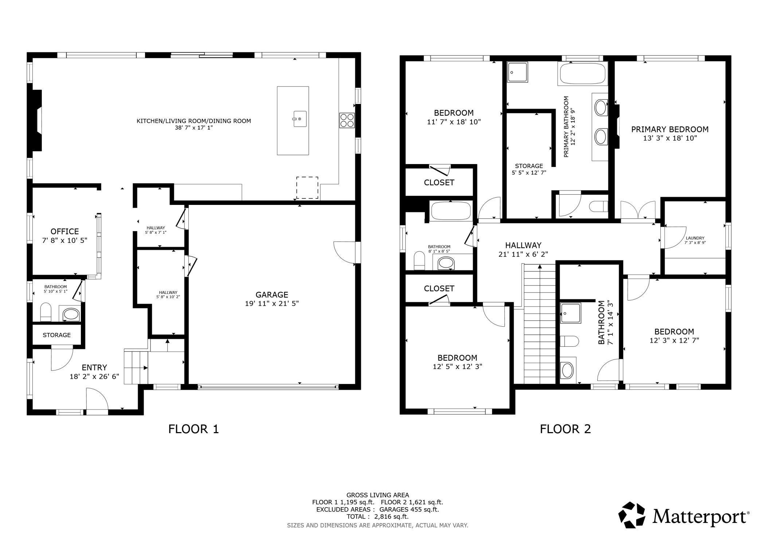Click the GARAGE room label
click(272, 295)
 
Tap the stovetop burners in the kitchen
click(347, 120)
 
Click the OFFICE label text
click(65, 232)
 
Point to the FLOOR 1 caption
click(194, 429)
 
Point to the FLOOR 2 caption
click(565, 429)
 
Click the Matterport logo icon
click(632, 515)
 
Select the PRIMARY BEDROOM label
click(670, 129)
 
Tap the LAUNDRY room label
click(695, 238)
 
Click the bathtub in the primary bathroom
click(582, 74)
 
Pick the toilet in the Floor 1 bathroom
click(46, 312)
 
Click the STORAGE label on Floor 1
click(57, 335)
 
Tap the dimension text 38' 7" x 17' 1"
click(194, 128)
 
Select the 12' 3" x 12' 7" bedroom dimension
click(674, 341)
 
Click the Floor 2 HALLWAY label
click(523, 245)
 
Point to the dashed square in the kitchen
click(307, 188)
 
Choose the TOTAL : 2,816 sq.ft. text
click(378, 517)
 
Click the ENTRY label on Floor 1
click(94, 368)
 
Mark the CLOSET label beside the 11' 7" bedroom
click(439, 182)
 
